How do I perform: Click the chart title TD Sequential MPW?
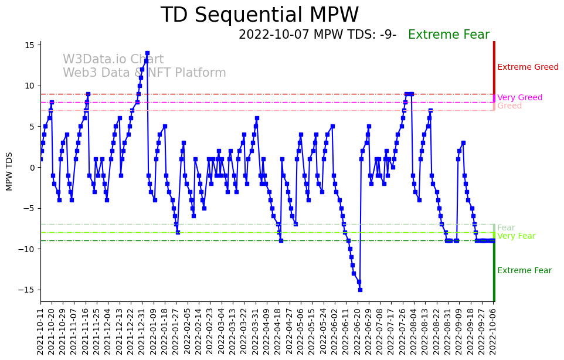[x=259, y=15]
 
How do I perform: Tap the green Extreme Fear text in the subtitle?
[x=449, y=35]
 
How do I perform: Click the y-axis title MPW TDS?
[x=9, y=171]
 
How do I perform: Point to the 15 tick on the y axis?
[x=32, y=45]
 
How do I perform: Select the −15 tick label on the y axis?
[x=29, y=290]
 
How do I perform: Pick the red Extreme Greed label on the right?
[x=528, y=67]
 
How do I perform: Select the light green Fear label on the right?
[x=506, y=228]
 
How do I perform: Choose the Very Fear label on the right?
[x=516, y=236]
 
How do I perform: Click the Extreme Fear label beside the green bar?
[x=524, y=271]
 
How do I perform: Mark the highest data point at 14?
[x=147, y=53]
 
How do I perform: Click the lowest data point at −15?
[x=360, y=290]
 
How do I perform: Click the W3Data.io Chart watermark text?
[x=113, y=60]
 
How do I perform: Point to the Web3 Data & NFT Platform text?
[x=144, y=73]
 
